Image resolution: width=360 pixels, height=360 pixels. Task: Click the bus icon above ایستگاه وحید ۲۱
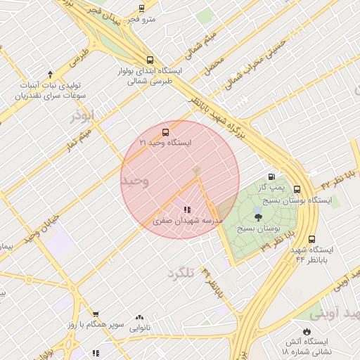click(x=166, y=131)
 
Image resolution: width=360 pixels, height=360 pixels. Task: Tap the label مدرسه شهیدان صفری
click(x=188, y=221)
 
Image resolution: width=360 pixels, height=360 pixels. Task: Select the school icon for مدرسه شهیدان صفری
click(x=187, y=210)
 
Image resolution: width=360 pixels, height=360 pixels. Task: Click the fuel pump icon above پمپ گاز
click(x=271, y=176)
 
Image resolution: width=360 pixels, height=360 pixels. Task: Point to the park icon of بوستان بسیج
click(x=258, y=217)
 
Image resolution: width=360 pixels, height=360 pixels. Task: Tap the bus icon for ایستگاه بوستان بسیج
click(x=297, y=189)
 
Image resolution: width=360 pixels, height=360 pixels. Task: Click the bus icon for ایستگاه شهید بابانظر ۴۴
click(x=312, y=238)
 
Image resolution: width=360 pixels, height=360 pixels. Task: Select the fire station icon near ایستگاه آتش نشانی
click(x=307, y=331)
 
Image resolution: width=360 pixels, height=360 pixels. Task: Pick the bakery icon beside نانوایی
click(x=139, y=318)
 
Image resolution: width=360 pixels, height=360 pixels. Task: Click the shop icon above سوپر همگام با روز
click(x=96, y=315)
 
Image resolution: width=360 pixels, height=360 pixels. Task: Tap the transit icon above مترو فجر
click(x=142, y=8)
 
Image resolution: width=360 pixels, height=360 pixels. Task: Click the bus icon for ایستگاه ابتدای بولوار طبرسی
click(x=148, y=60)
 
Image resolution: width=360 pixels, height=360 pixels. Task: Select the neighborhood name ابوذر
click(x=82, y=115)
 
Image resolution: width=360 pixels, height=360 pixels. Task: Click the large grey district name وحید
click(x=135, y=181)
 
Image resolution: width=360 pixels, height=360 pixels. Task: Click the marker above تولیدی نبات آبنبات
click(x=50, y=74)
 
